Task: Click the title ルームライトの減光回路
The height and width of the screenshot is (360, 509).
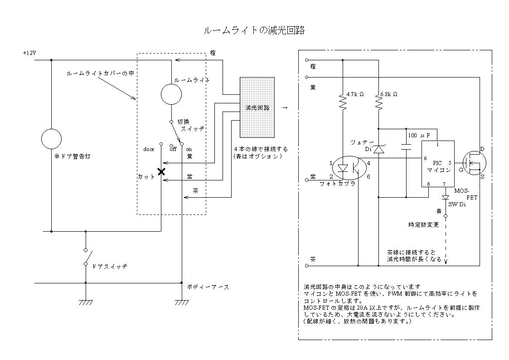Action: [x=253, y=30]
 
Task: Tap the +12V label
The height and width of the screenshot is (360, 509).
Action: [x=29, y=53]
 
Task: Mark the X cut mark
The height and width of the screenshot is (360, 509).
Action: [x=160, y=172]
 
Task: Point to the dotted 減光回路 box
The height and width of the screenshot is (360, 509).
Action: [x=257, y=107]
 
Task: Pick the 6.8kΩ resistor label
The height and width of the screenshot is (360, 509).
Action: [x=388, y=94]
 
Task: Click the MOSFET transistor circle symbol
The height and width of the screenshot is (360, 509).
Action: [x=474, y=161]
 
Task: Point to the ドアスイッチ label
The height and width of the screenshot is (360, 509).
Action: [x=109, y=266]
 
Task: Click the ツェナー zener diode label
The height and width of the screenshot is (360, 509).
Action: [x=362, y=142]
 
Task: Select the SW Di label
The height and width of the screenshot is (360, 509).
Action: [x=456, y=204]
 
